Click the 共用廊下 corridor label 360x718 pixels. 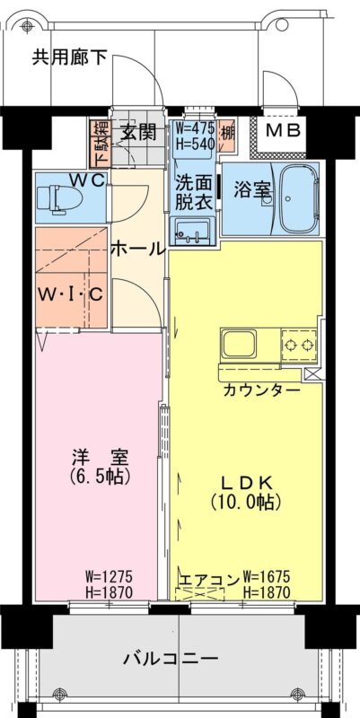point(70,57)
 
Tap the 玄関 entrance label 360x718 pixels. point(138,132)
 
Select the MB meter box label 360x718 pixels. point(283,130)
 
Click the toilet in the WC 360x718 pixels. point(59,199)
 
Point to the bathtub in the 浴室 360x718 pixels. point(300,197)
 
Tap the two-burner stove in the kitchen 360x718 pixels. point(299,345)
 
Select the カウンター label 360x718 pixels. point(261,390)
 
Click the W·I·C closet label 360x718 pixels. point(70,294)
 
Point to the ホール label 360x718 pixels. point(137,250)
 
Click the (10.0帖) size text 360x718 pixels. point(246,503)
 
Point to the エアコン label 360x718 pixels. point(209,579)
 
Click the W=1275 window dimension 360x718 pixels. point(109,575)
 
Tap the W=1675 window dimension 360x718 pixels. point(267,575)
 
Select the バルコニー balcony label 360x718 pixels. point(171,660)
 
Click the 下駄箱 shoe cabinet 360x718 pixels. point(100,144)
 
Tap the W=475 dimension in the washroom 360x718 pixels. point(196,127)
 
